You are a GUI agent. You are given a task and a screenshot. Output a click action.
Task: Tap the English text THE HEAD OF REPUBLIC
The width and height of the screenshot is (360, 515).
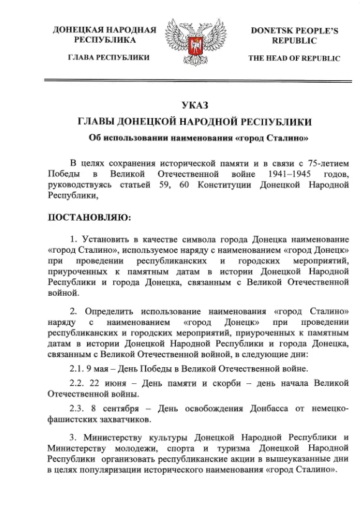(x=294, y=58)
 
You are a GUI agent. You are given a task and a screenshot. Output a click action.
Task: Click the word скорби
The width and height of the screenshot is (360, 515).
(x=223, y=383)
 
